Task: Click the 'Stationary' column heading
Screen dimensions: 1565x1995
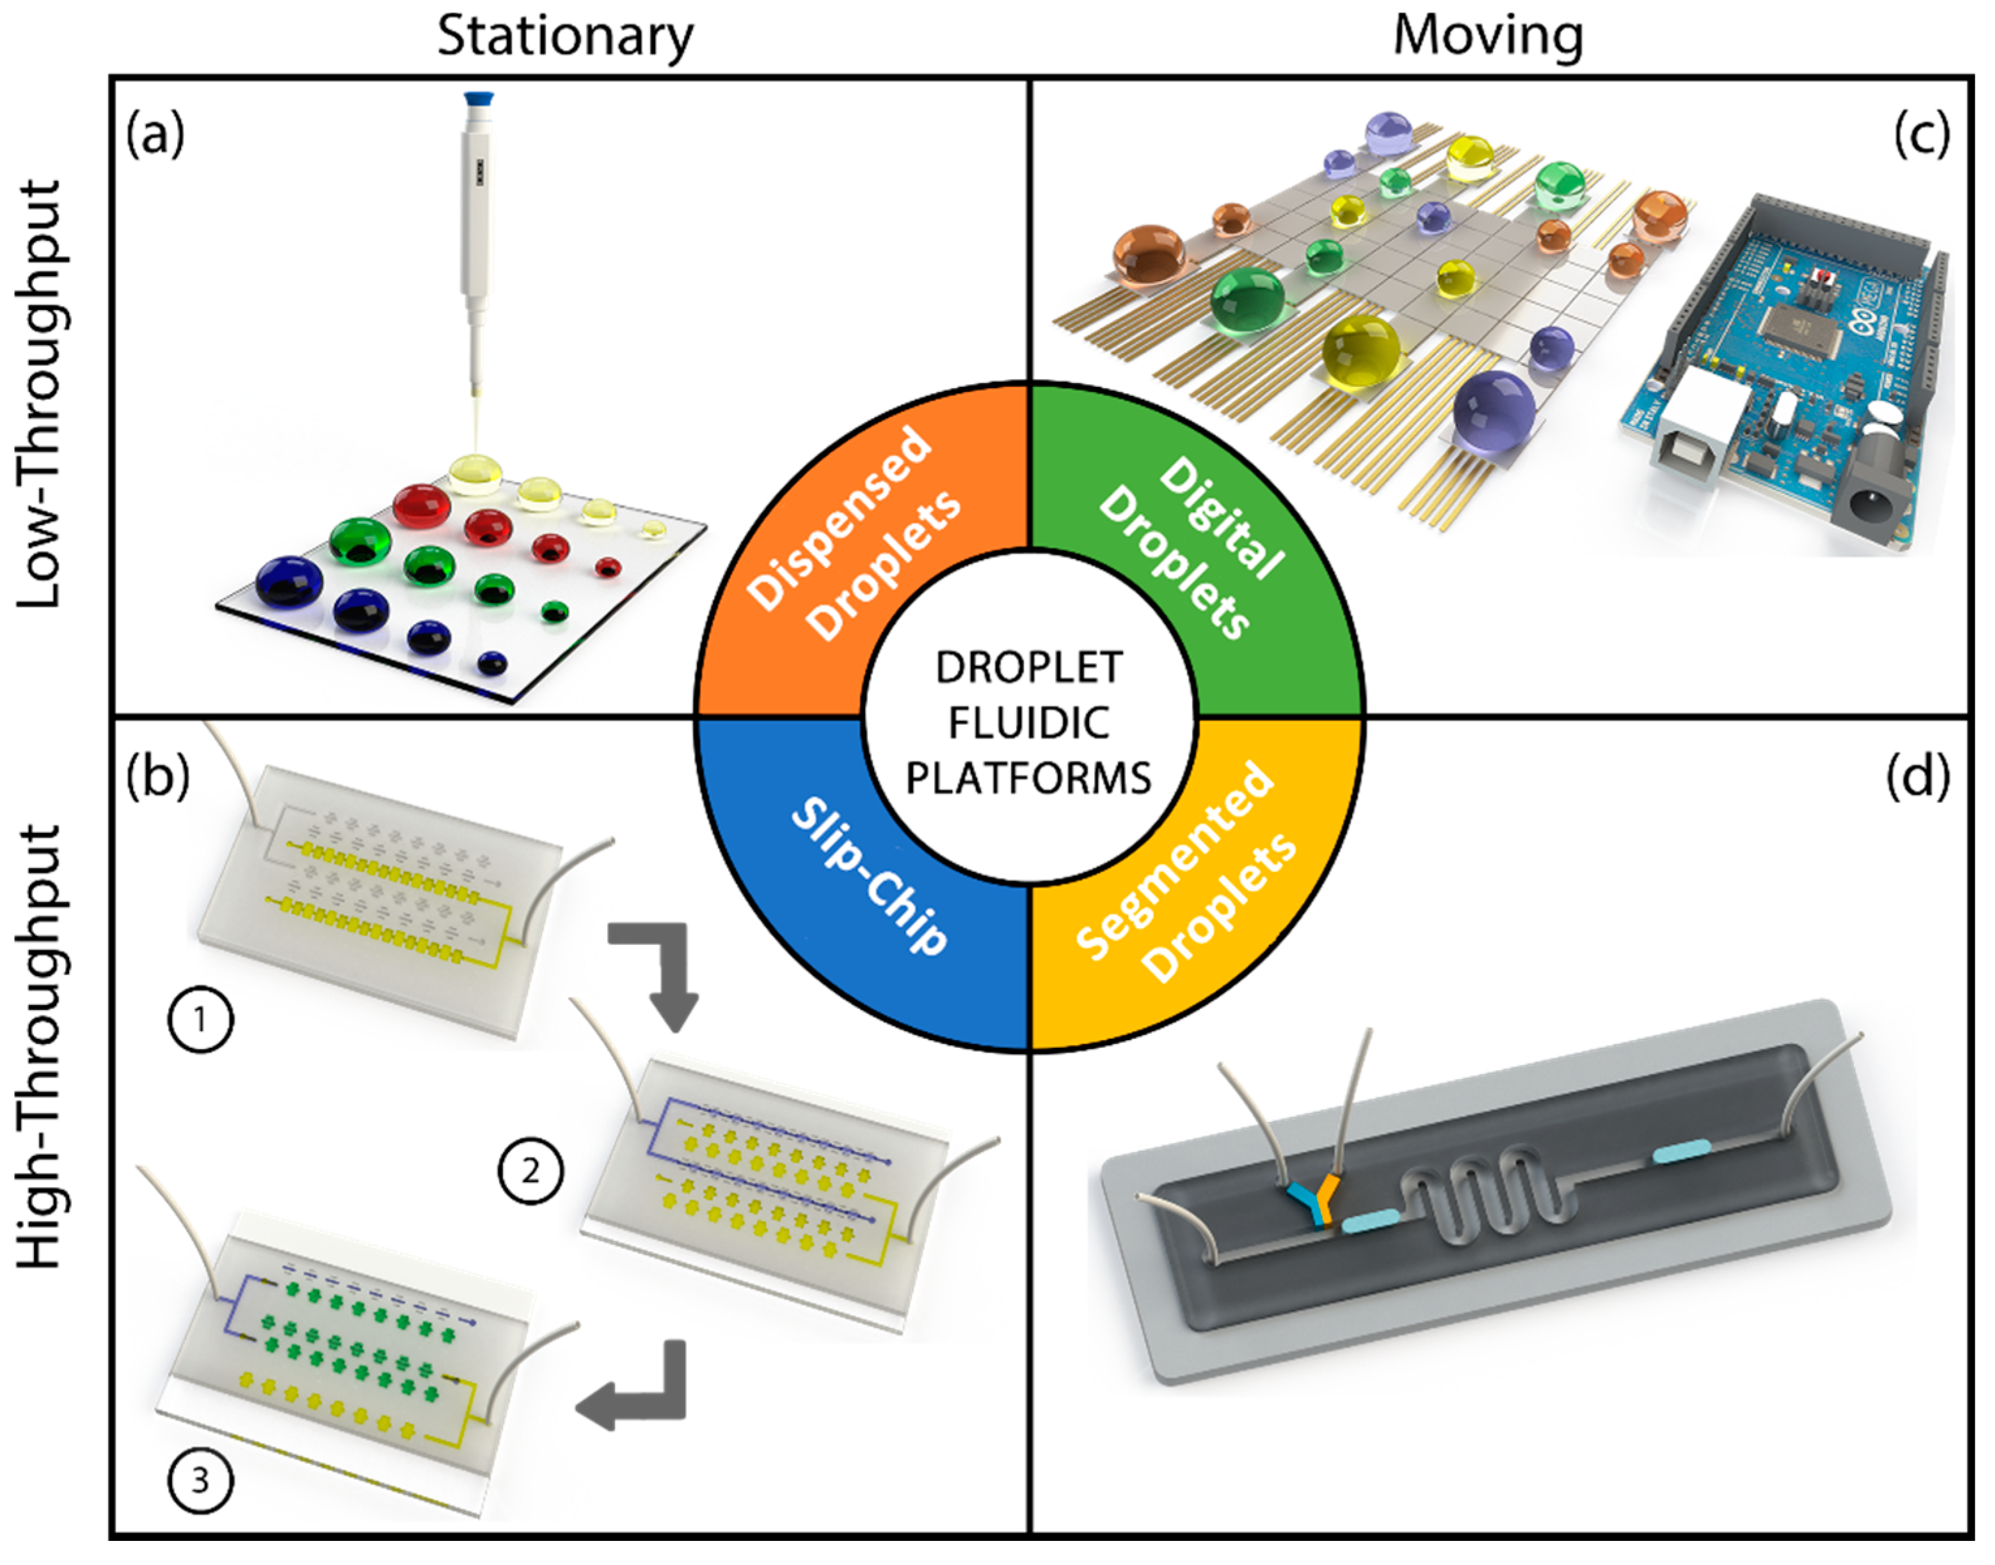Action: pyautogui.click(x=565, y=36)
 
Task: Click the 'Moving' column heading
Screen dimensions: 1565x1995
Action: pyautogui.click(x=1488, y=36)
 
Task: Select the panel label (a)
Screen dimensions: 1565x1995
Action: pyautogui.click(x=156, y=135)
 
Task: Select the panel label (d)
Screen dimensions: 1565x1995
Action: pyautogui.click(x=1917, y=777)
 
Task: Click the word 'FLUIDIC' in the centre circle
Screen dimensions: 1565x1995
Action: pyautogui.click(x=1028, y=724)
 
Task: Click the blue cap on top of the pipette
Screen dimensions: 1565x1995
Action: pyautogui.click(x=480, y=99)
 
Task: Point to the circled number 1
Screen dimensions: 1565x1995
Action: pyautogui.click(x=201, y=1019)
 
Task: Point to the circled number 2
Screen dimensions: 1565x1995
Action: pyautogui.click(x=531, y=1170)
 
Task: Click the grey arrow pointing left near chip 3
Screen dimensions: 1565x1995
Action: pyautogui.click(x=632, y=1391)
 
